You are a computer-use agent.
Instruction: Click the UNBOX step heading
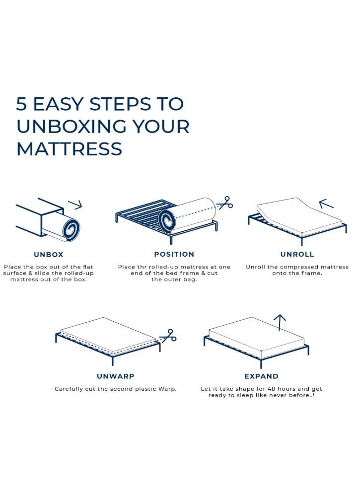pos(49,255)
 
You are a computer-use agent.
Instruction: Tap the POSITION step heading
pos(174,254)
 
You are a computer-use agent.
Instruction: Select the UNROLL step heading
pos(297,254)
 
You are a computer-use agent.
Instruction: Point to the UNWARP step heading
pos(115,376)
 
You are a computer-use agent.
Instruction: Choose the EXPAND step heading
pos(262,376)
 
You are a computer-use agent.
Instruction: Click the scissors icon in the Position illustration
pos(225,203)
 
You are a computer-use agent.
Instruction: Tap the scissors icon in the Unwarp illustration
pos(168,336)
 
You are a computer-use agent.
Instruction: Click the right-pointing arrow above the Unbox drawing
pos(75,204)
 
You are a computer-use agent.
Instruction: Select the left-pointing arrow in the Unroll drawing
pos(326,204)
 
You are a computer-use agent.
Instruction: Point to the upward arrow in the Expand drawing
pos(280,323)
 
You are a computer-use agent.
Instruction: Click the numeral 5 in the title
pos(22,104)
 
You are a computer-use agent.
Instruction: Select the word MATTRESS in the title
pos(69,149)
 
